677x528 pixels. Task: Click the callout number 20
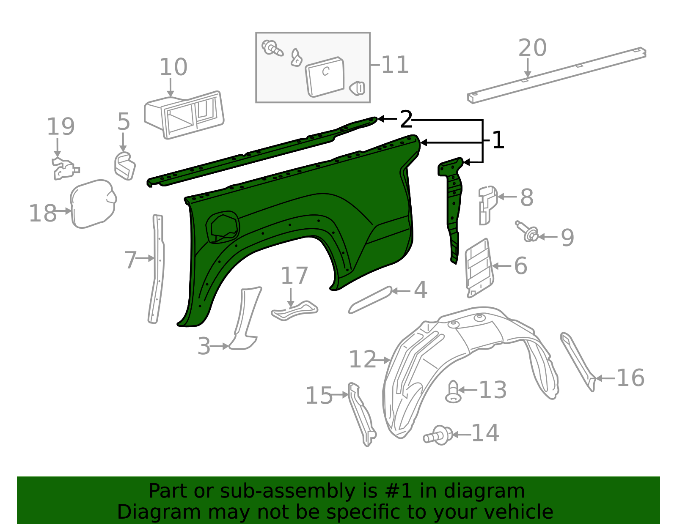tap(532, 48)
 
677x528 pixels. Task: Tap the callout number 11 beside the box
tap(394, 65)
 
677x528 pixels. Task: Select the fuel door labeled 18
tap(93, 204)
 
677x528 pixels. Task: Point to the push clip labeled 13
tap(453, 392)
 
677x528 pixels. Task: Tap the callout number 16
tap(630, 378)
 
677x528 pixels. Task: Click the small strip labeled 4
tap(370, 300)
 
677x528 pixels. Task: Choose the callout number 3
tap(204, 346)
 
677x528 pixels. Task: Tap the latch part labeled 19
tap(65, 169)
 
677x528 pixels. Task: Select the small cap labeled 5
tap(125, 166)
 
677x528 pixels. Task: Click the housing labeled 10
tap(184, 115)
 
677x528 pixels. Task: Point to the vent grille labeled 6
tap(479, 268)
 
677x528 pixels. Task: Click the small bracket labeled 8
tap(487, 205)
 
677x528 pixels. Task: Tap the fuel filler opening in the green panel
tap(223, 227)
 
